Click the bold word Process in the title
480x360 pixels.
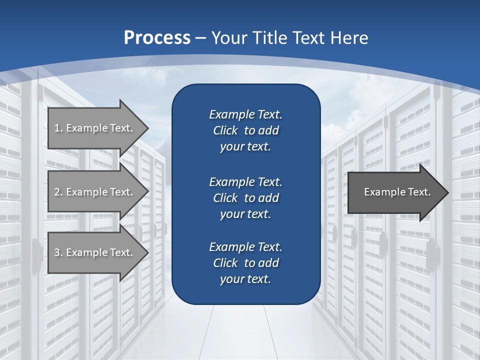tap(157, 38)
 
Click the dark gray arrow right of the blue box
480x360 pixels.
tap(395, 192)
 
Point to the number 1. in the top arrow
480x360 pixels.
tap(58, 128)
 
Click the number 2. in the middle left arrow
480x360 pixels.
tap(58, 191)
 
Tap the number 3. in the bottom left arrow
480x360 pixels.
tap(58, 252)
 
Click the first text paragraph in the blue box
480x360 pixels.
tap(245, 130)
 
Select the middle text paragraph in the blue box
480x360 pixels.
tap(245, 197)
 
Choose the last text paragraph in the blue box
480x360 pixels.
tap(245, 263)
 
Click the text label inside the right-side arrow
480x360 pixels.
tap(397, 192)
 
